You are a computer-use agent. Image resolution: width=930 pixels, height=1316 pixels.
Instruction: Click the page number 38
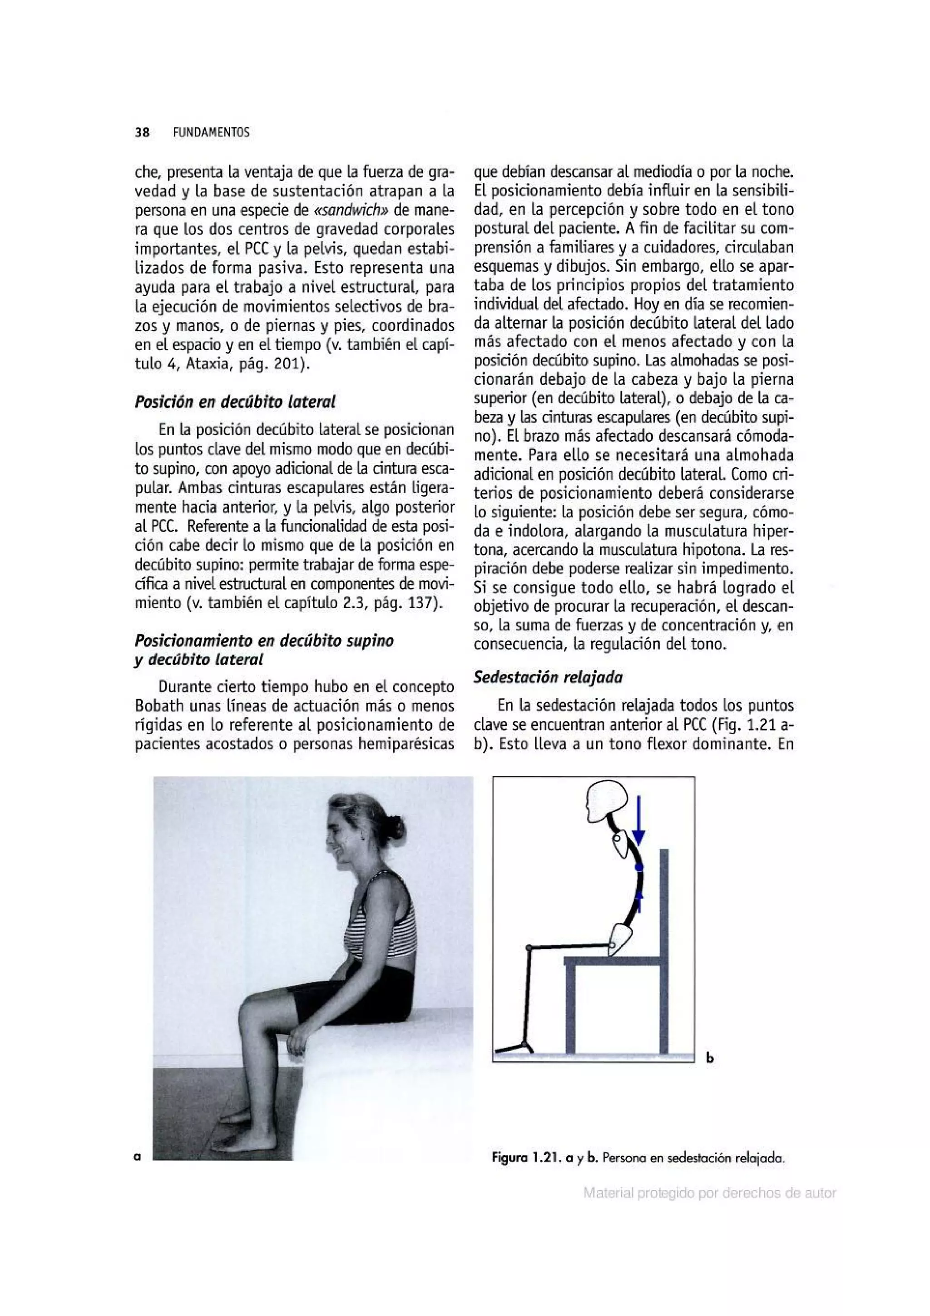(142, 132)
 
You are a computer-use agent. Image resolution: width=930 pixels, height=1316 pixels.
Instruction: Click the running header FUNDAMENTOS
(211, 132)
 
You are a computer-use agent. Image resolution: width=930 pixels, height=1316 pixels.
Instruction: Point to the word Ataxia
(208, 364)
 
